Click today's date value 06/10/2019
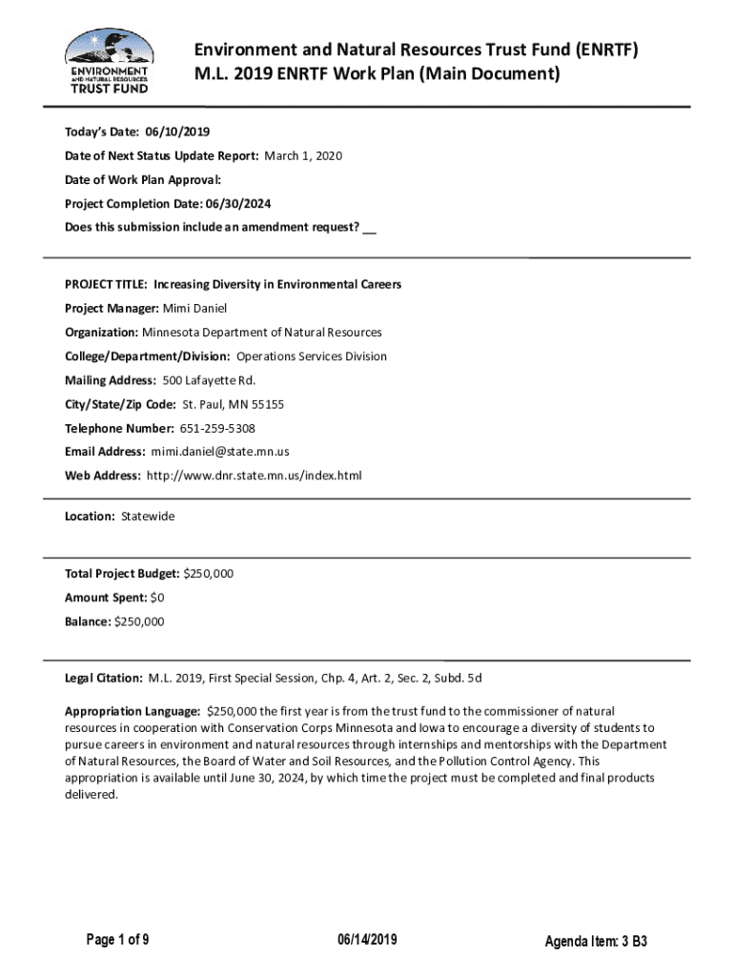coord(178,132)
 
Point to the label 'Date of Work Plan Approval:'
coord(143,179)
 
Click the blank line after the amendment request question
coord(370,228)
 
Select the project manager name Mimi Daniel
coord(195,309)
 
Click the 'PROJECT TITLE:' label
coord(104,285)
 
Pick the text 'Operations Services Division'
coord(312,356)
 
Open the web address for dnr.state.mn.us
coord(254,476)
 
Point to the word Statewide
coord(148,517)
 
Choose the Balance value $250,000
coord(139,621)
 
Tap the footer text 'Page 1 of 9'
coord(116,942)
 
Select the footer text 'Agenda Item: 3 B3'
coord(596,943)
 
